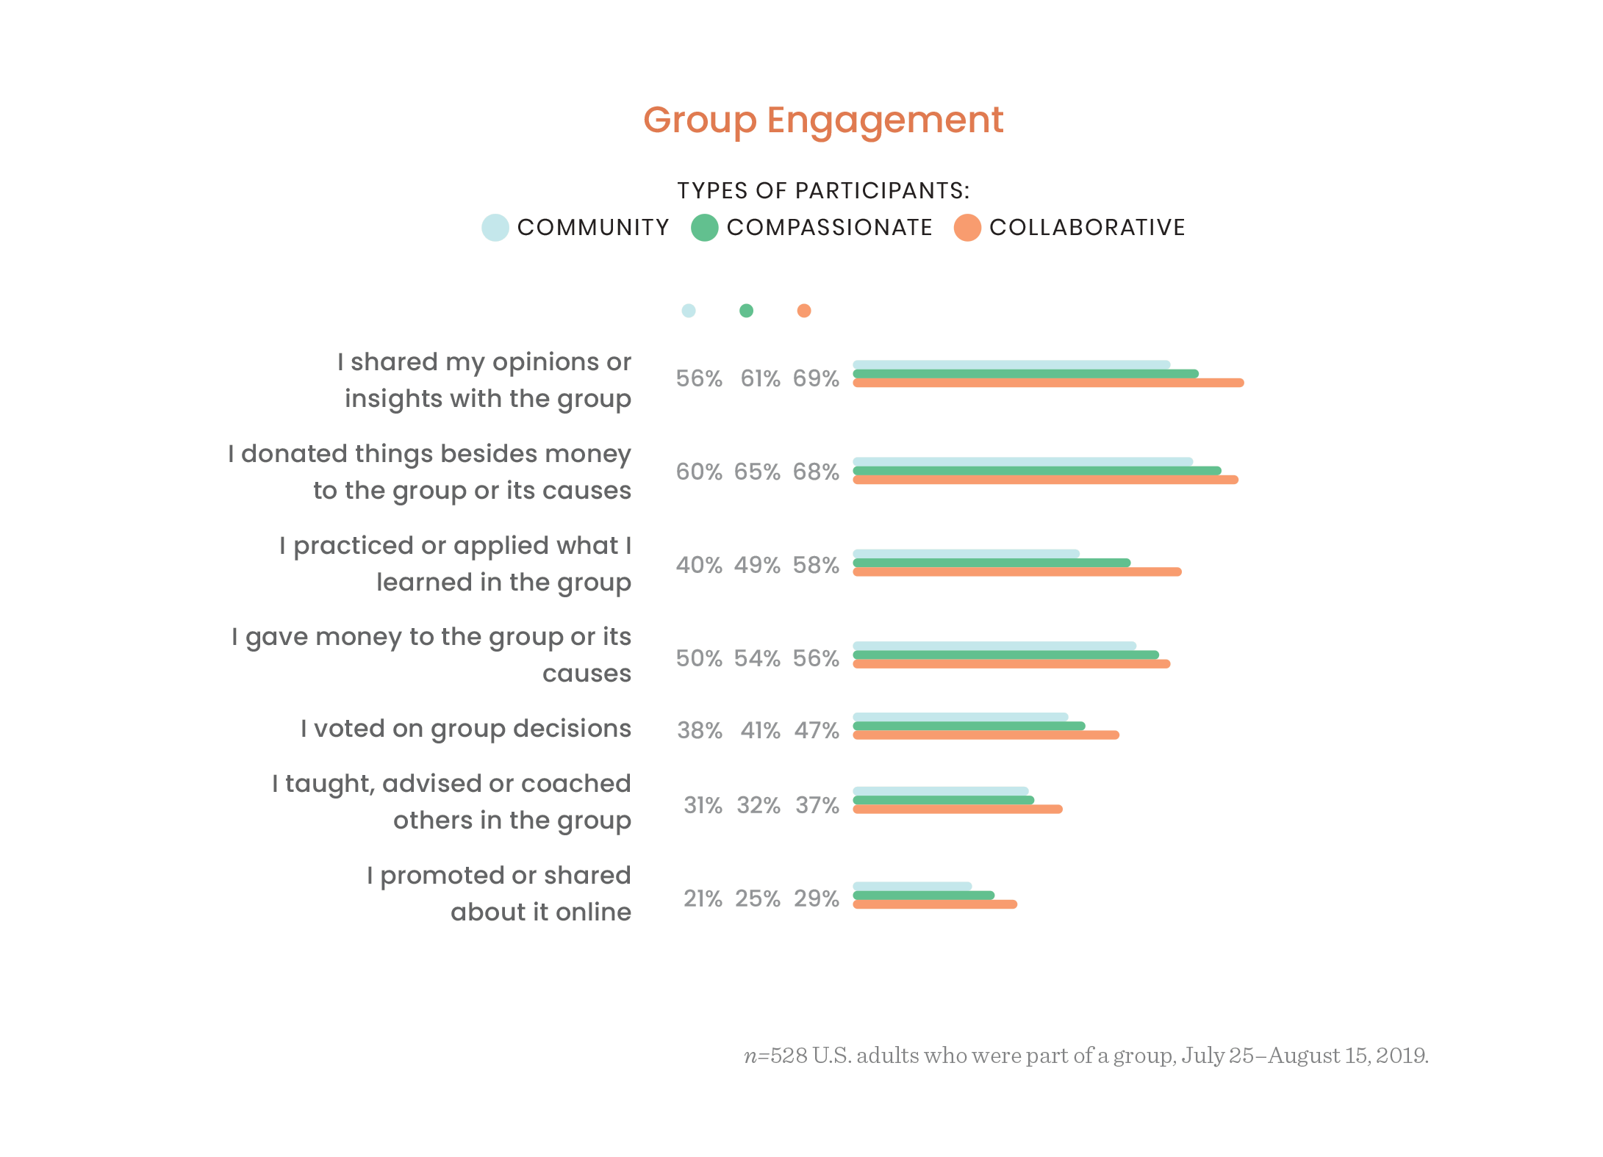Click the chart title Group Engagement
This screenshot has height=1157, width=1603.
tap(822, 120)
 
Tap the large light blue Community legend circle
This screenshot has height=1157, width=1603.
tap(495, 228)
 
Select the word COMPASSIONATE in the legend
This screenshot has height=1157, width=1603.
tap(829, 228)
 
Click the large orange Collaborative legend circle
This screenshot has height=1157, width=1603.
tap(967, 228)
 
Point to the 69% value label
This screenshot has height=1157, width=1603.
tap(815, 378)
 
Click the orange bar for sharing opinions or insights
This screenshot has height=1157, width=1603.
tap(1047, 383)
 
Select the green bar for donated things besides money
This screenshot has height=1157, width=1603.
tap(1036, 471)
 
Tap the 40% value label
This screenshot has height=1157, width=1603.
tap(698, 565)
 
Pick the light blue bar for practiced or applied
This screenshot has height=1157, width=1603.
tap(966, 553)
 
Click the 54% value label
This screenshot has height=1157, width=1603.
tap(757, 658)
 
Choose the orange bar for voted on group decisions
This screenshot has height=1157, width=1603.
tap(985, 735)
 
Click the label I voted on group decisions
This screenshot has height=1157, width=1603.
tap(465, 729)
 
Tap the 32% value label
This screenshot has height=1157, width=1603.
tap(759, 805)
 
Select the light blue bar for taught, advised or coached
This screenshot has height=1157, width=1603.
tap(940, 791)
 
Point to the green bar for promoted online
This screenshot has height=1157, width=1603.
tap(923, 895)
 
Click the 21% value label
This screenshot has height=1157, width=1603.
tap(703, 898)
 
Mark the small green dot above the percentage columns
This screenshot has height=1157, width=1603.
tap(746, 311)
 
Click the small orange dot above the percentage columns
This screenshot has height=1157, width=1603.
tap(804, 311)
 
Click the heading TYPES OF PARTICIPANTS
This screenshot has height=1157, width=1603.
tap(822, 191)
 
